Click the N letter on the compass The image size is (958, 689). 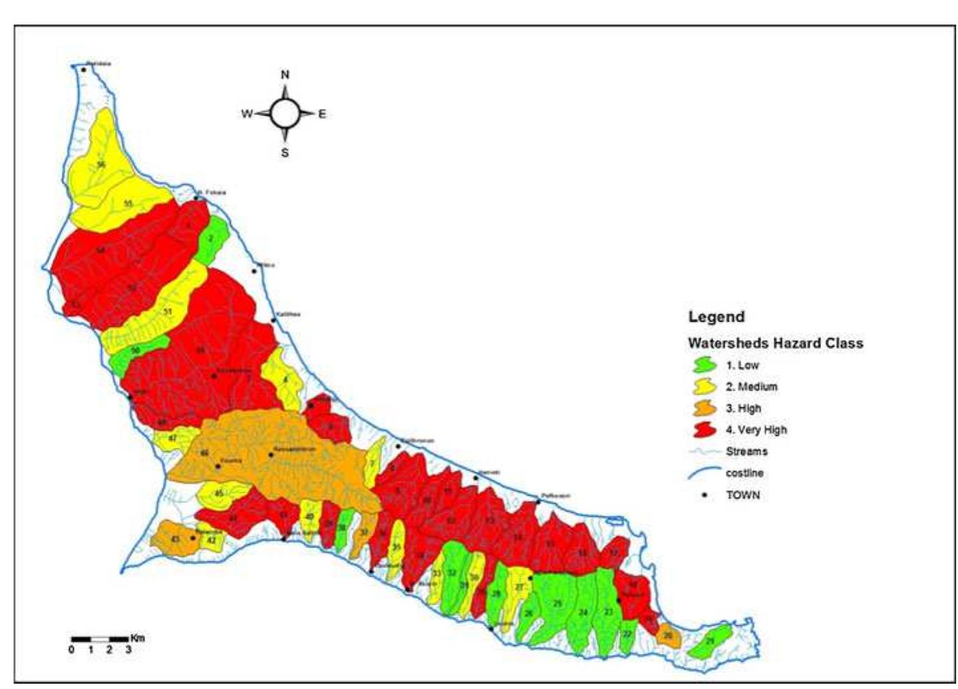(x=285, y=74)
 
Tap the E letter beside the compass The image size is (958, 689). (x=322, y=114)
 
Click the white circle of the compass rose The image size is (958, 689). (x=285, y=114)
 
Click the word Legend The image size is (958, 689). (x=716, y=317)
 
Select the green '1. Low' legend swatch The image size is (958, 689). (x=704, y=365)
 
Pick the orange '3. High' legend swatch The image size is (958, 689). (x=704, y=409)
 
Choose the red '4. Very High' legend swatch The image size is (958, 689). (x=704, y=430)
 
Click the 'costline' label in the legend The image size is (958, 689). (x=744, y=473)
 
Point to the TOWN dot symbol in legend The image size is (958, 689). (x=704, y=495)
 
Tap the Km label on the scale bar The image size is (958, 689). (x=137, y=638)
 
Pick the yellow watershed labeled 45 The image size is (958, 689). (x=219, y=494)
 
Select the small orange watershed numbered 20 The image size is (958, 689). (x=667, y=636)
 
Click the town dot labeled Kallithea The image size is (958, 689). (x=273, y=321)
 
